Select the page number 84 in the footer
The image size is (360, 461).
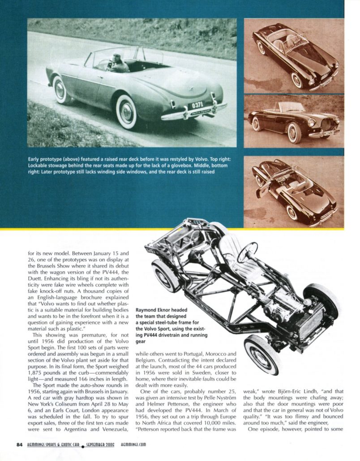click(x=19, y=445)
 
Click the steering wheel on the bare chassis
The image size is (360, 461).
click(x=247, y=252)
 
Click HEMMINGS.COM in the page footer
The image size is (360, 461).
click(x=133, y=445)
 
